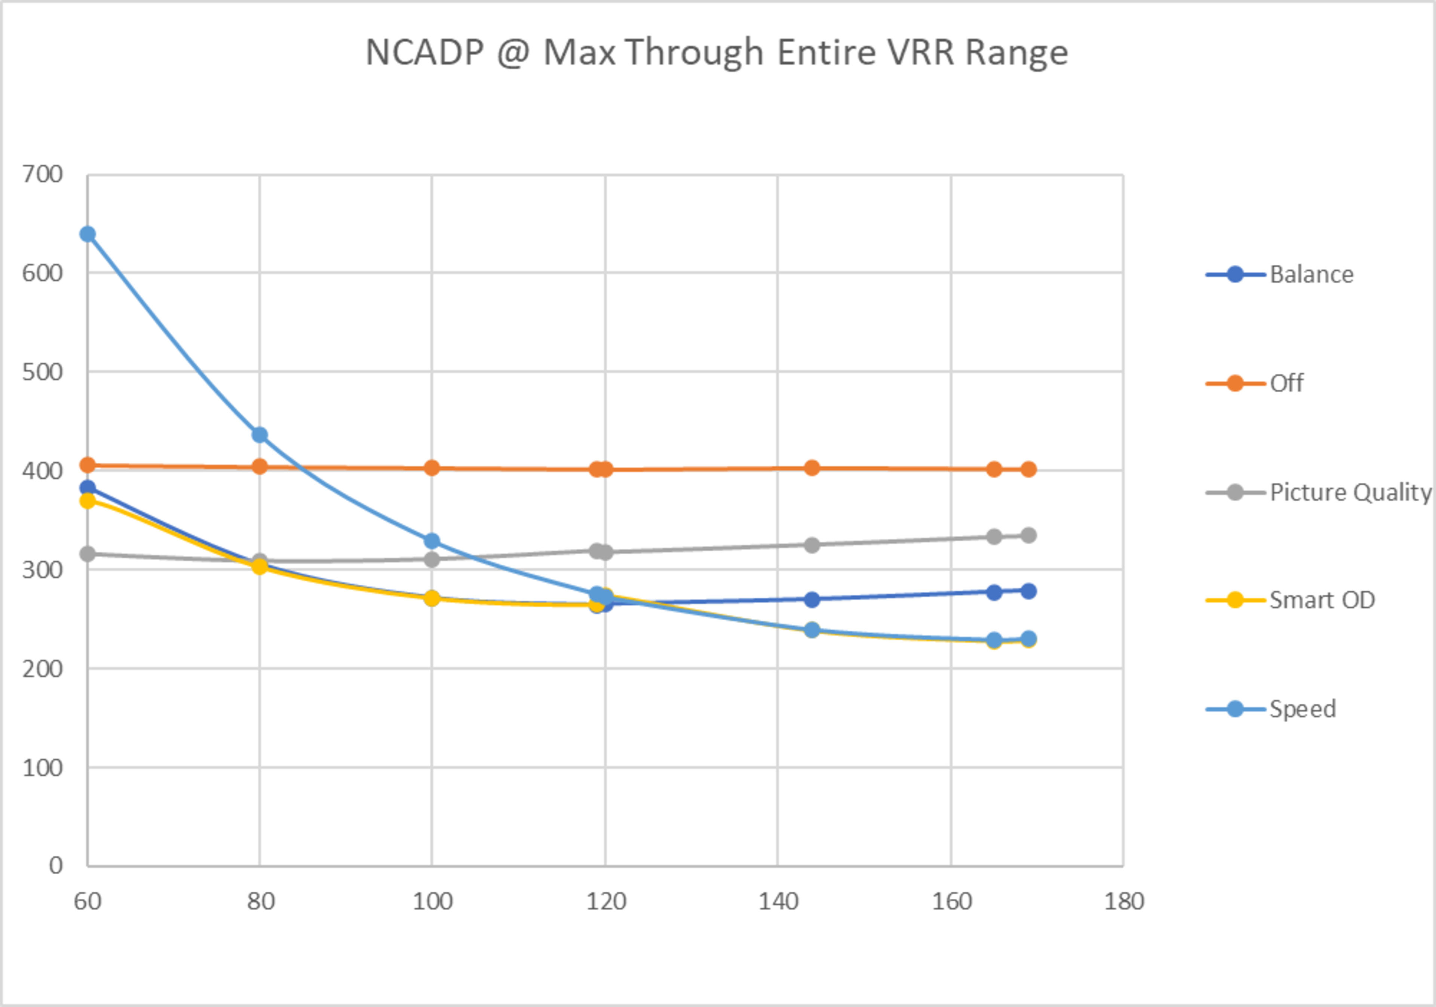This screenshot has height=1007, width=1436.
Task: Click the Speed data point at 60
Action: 88,234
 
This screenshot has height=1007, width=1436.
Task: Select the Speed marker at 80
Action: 260,435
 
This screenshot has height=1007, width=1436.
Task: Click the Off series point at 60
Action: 88,465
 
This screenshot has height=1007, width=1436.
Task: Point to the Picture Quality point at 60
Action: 88,553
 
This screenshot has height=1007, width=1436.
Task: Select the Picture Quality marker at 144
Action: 812,545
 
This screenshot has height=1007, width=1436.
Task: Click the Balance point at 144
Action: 812,599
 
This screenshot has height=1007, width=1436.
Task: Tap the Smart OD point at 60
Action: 88,500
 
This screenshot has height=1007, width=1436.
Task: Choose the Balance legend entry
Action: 1311,274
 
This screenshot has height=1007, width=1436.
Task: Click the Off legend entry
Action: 1286,383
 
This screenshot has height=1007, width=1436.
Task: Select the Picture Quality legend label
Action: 1350,492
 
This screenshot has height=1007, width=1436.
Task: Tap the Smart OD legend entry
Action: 1322,600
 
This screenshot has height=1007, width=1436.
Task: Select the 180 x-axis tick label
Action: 1124,901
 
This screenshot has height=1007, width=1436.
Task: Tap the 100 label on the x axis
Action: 432,901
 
